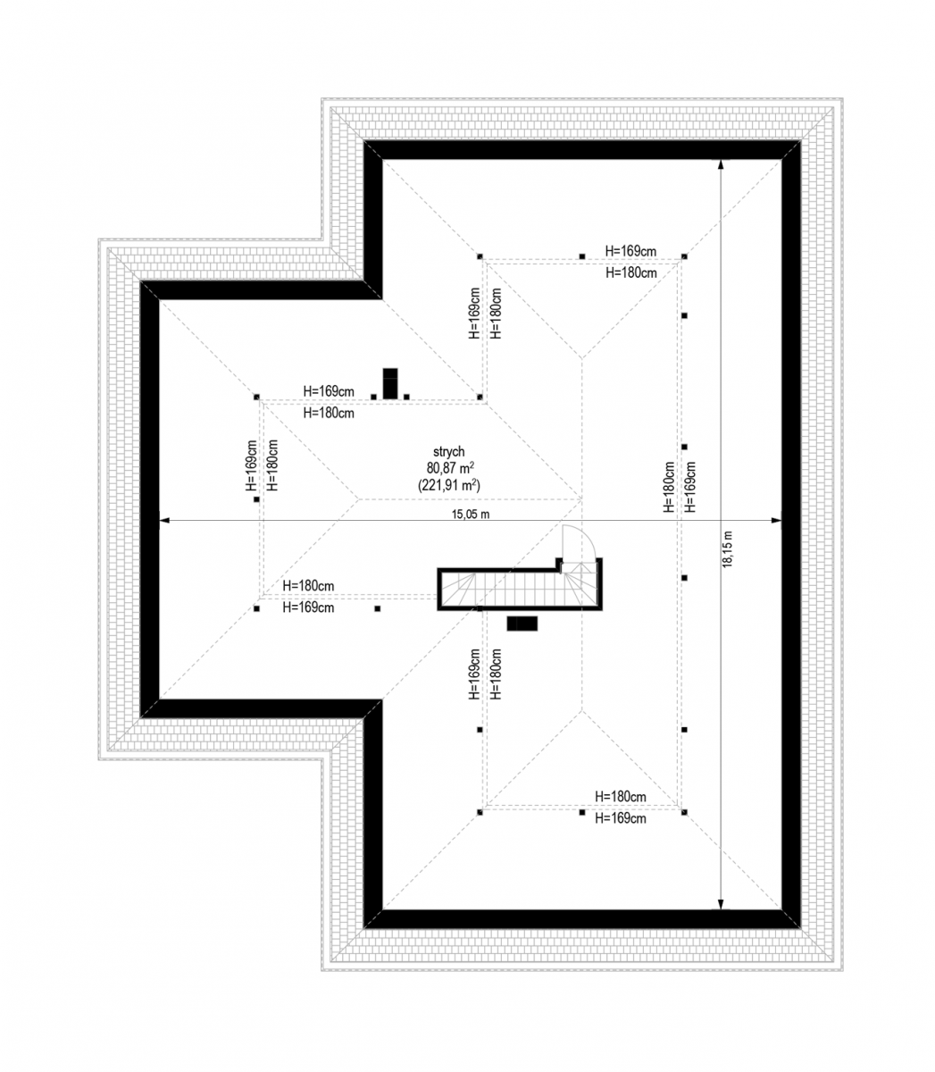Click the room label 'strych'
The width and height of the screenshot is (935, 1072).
(448, 452)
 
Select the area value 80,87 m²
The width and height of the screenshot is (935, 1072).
(450, 468)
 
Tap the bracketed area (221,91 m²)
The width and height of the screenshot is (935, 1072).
(449, 485)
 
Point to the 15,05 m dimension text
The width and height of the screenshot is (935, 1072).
(471, 514)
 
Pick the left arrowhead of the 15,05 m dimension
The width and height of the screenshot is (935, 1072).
(164, 520)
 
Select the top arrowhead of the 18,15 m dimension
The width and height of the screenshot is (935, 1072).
(721, 164)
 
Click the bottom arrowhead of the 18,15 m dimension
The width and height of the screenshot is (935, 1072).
(721, 905)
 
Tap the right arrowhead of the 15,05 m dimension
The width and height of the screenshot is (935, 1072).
(777, 520)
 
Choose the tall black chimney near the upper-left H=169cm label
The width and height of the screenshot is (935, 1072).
(390, 384)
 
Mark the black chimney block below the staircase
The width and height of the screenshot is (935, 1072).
(522, 624)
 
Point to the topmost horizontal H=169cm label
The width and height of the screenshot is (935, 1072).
(630, 251)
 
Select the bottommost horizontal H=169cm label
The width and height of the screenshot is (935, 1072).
(620, 818)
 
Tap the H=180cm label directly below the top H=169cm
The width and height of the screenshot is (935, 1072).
(631, 272)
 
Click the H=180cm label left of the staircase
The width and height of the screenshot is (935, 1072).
(308, 585)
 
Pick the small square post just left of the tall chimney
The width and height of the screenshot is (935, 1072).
(373, 397)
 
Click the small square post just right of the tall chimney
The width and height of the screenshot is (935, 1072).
(406, 397)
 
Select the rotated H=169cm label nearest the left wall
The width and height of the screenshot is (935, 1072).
(252, 465)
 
